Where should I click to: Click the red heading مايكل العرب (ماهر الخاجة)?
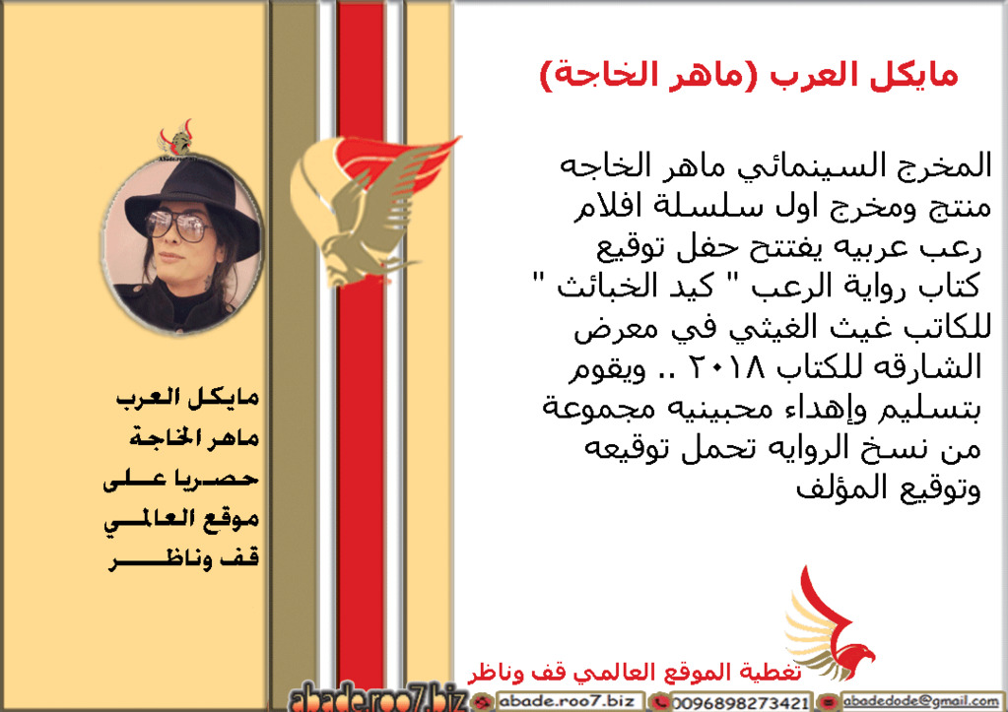point(749,76)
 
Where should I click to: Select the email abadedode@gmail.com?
point(921,701)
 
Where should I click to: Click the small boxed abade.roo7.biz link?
point(567,701)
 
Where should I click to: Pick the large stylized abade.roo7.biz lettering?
point(378,698)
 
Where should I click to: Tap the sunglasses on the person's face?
point(177,225)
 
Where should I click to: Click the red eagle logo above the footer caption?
point(830,624)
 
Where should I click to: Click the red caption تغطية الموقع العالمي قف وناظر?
point(635,673)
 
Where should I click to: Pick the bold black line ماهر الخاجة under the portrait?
point(194,438)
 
